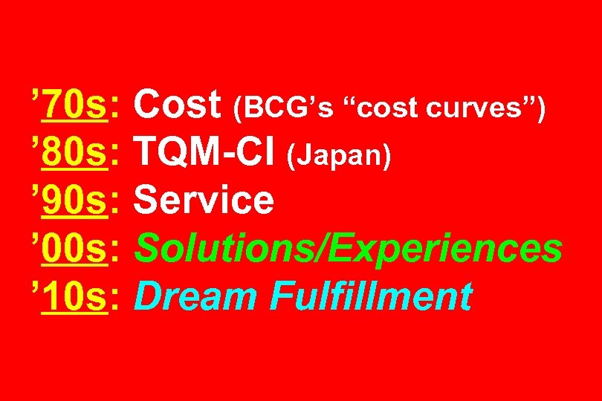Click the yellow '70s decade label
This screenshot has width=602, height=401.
[x=74, y=105]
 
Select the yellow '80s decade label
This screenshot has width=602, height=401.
[x=74, y=153]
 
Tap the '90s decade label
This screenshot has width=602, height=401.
[x=74, y=201]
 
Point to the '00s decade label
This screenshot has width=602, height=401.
[x=74, y=250]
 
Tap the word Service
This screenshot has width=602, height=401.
[x=205, y=201]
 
